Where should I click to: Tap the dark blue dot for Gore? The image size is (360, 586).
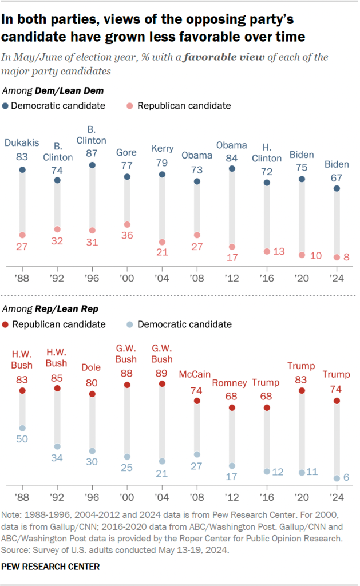pyautogui.click(x=127, y=177)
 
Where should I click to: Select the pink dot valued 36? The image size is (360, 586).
pyautogui.click(x=127, y=225)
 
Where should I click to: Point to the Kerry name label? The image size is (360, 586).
pyautogui.click(x=162, y=148)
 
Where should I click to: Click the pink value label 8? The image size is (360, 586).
pyautogui.click(x=346, y=258)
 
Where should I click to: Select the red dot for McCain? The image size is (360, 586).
pyautogui.click(x=197, y=401)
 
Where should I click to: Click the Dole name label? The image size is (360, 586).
pyautogui.click(x=92, y=368)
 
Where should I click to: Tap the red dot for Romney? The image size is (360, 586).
pyautogui.click(x=232, y=407)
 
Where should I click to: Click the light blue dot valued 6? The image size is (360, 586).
pyautogui.click(x=337, y=478)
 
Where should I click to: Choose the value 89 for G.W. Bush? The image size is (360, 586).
pyautogui.click(x=162, y=371)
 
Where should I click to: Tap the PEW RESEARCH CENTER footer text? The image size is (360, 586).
pyautogui.click(x=50, y=567)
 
